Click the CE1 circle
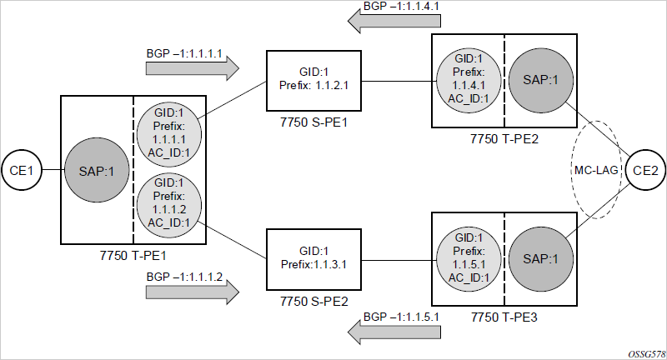pos(22,170)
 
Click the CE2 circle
pos(645,170)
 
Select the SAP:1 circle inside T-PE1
pos(97,170)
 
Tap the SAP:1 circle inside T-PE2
pos(540,79)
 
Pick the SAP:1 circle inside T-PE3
pos(540,259)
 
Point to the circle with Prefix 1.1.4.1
pos(469,81)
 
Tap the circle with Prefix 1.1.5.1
pos(469,260)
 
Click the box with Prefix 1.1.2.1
pos(314,81)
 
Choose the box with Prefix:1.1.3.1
pos(314,260)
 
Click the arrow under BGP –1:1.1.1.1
pos(193,68)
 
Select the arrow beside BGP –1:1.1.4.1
pos(394,21)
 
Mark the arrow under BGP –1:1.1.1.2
pos(193,292)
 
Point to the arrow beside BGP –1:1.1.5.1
pos(394,332)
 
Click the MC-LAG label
pos(596,170)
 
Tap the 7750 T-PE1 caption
pos(133,256)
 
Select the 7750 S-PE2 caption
pos(314,302)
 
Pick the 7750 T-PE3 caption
pos(504,317)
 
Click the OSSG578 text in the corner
pos(647,354)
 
